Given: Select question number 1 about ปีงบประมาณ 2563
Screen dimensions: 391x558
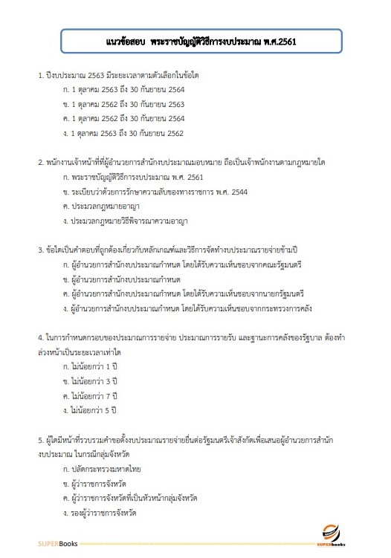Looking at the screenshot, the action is tap(123, 77).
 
